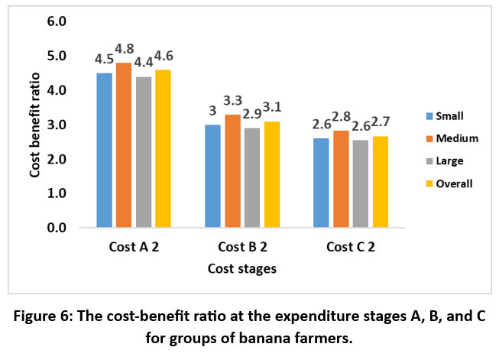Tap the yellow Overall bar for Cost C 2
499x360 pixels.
click(x=381, y=182)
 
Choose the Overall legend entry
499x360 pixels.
click(x=452, y=183)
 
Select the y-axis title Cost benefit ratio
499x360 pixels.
click(x=35, y=125)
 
